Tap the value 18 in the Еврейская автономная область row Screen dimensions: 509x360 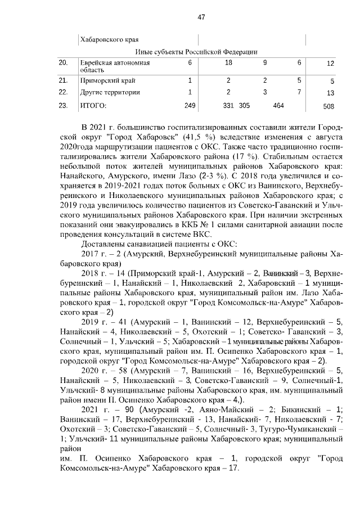pos(228,63)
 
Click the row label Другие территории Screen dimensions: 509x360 pos(109,92)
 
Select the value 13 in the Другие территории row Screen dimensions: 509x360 pos(330,93)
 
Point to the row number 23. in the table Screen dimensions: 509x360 pos(64,105)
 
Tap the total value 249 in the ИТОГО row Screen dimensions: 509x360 pos(190,105)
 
